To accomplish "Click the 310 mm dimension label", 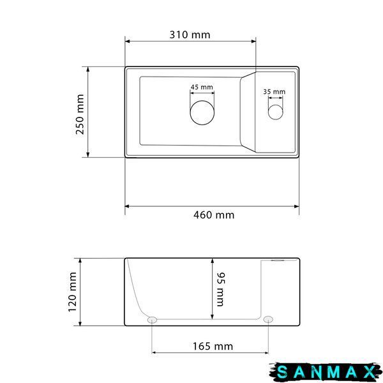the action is coord(190,35).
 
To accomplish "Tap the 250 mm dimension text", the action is coord(80,114).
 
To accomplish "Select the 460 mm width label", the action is coord(214,215).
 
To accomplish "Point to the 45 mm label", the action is coord(202,87).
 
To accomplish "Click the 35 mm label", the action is coord(274,91).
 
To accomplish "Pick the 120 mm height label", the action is coord(72,292).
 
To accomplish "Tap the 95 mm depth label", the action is coord(221,289).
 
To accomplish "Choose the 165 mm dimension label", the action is coord(213,347).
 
